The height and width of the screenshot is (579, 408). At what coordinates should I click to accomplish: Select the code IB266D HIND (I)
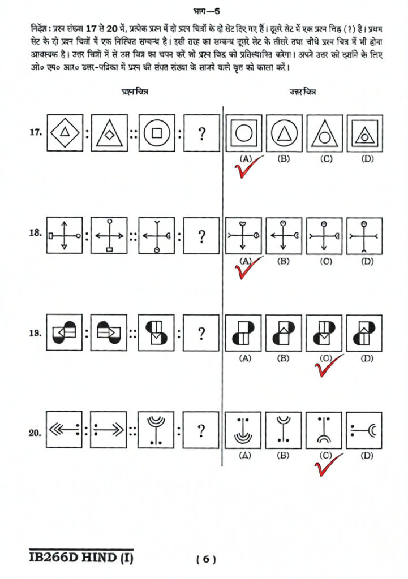pyautogui.click(x=81, y=559)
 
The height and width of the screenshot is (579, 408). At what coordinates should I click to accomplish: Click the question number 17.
pyautogui.click(x=36, y=133)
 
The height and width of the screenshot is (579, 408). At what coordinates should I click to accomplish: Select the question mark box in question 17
pyautogui.click(x=201, y=133)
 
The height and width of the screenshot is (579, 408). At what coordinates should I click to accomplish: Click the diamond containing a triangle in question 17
pyautogui.click(x=65, y=133)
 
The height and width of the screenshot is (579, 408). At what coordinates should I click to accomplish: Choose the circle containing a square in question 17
pyautogui.click(x=156, y=133)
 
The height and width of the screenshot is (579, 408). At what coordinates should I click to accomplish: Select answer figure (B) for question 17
pyautogui.click(x=284, y=134)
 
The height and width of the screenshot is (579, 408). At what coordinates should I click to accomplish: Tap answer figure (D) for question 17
pyautogui.click(x=365, y=134)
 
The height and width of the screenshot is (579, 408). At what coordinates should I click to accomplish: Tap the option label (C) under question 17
pyautogui.click(x=325, y=159)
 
